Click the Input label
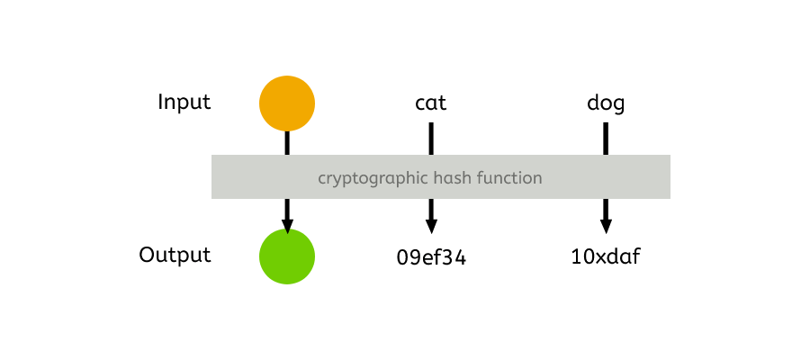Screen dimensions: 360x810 [x=184, y=102]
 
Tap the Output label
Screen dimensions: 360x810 [x=175, y=255]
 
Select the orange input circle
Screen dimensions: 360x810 [x=287, y=103]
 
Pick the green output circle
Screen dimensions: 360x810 [x=287, y=256]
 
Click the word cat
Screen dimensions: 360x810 [x=430, y=103]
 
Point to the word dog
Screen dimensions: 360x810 [x=606, y=103]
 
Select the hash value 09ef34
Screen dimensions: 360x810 [x=431, y=258]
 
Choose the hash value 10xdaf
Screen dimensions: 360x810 [x=606, y=257]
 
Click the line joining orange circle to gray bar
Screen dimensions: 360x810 [x=287, y=142]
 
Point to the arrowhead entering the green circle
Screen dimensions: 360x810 [x=287, y=226]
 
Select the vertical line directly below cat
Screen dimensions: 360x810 [x=431, y=138]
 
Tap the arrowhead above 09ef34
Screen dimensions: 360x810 [x=431, y=226]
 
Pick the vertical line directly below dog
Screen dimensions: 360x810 [x=606, y=138]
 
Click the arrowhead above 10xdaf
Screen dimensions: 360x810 [x=606, y=226]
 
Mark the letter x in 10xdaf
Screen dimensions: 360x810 [x=598, y=258]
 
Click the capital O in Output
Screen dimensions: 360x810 [x=146, y=255]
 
